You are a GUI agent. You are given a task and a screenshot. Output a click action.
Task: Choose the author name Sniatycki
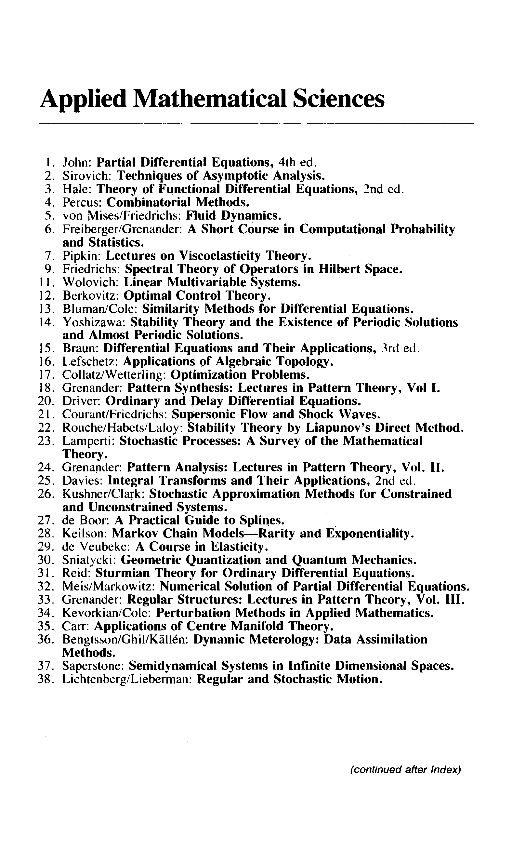(89, 560)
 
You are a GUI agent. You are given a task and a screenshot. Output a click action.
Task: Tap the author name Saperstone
(95, 666)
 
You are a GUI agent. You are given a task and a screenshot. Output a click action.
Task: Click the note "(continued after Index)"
(405, 769)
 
